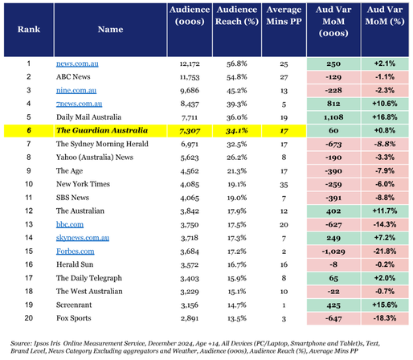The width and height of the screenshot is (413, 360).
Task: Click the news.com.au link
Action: click(77, 63)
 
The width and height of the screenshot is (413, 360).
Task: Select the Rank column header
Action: click(29, 29)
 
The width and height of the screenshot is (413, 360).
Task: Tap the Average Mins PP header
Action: click(284, 15)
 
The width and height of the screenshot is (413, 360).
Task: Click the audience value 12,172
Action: click(190, 64)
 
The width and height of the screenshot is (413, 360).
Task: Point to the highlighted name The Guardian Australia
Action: click(102, 130)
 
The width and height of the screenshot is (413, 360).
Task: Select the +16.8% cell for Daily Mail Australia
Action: click(385, 117)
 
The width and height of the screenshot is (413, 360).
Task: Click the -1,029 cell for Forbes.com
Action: click(333, 252)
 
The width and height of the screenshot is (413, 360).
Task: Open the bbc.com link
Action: click(70, 224)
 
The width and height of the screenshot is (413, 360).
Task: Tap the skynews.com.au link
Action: click(83, 238)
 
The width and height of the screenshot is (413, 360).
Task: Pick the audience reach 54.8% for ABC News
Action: click(236, 77)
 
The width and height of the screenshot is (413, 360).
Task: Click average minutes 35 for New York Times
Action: click(284, 185)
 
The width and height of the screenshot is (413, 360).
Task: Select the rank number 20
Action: click(29, 318)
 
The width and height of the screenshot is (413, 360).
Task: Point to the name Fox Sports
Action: click(74, 318)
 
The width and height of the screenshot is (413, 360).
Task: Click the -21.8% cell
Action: click(385, 252)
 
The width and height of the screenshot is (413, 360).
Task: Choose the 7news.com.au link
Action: click(79, 104)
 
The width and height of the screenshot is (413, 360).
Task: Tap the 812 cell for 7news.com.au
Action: click(333, 104)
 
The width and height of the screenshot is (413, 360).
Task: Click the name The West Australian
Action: click(89, 292)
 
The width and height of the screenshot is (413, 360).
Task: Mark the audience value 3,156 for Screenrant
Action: click(190, 305)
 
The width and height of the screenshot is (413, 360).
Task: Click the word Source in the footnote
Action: click(21, 343)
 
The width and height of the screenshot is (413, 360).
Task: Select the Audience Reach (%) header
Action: click(237, 15)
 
